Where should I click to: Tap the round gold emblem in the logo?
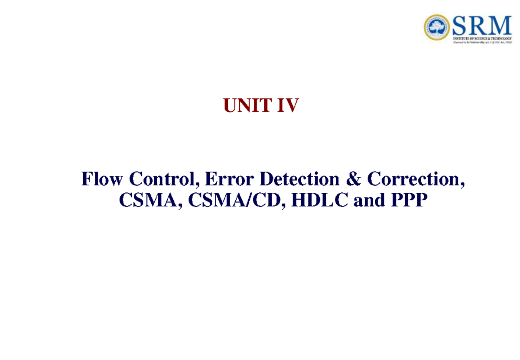pos(437,28)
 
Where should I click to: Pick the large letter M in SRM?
pos(500,26)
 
